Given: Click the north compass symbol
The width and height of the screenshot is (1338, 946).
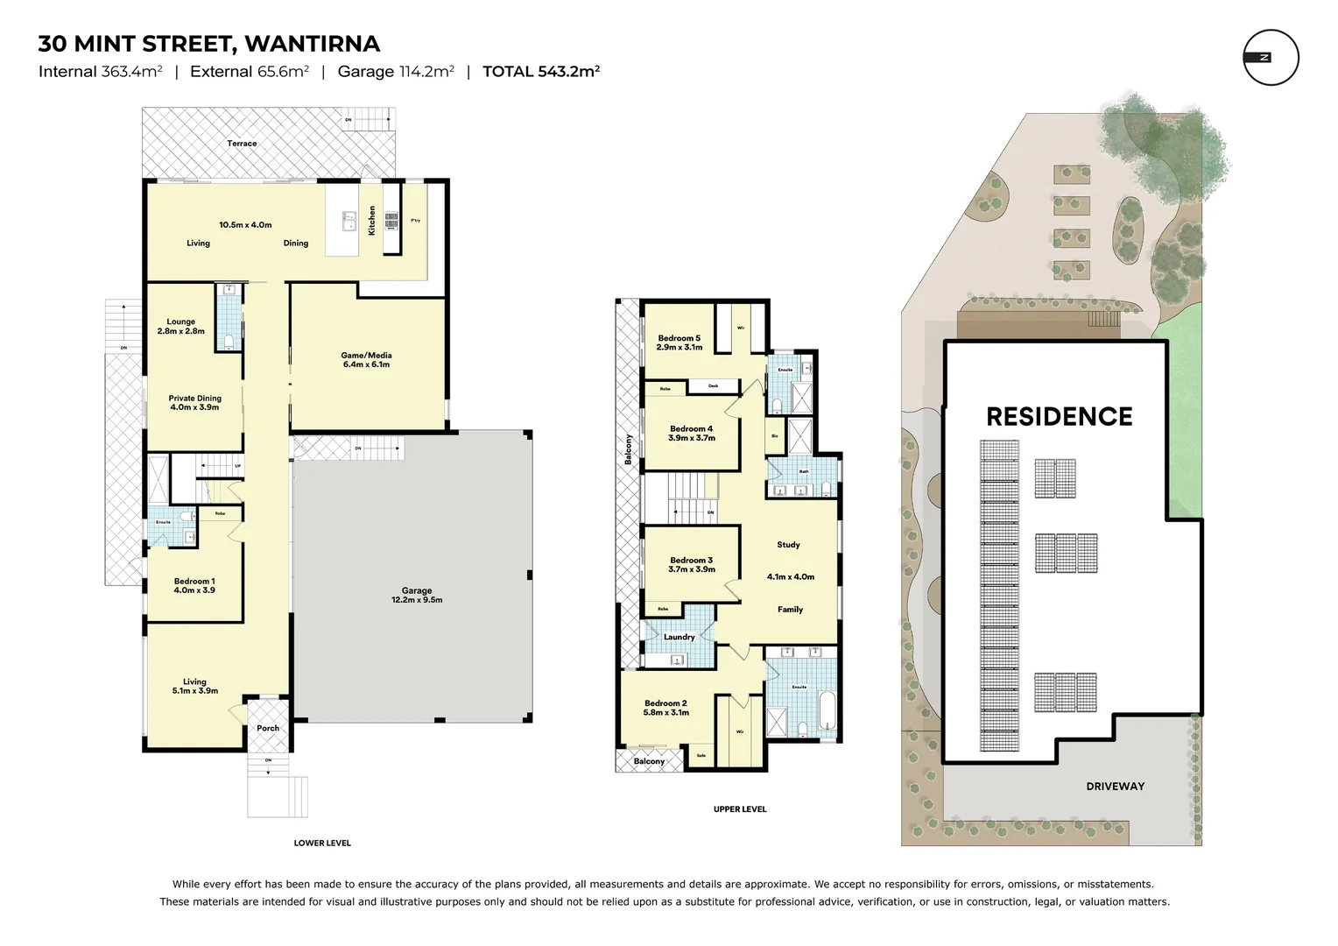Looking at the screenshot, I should point(1271,58).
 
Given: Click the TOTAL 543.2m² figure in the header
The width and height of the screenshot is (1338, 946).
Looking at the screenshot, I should point(540,72).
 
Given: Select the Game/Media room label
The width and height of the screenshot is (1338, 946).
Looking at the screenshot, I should point(366,359).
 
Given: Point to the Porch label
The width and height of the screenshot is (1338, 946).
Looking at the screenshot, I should point(268,728).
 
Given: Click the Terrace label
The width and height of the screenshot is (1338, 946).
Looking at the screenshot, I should point(243,144).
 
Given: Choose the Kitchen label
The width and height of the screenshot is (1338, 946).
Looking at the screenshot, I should point(372,220).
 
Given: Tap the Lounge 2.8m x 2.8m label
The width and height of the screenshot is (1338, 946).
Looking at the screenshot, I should point(181,326).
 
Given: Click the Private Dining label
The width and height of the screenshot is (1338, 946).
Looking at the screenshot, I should point(194,403).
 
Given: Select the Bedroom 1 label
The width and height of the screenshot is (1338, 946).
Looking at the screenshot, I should point(194,585).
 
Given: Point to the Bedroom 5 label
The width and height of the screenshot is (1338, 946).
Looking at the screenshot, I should point(680,342).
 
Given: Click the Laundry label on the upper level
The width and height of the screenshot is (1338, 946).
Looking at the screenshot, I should point(679,637).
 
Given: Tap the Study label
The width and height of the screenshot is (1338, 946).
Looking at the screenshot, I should point(788,545).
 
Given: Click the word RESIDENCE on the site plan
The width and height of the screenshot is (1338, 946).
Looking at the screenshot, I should point(1059,416).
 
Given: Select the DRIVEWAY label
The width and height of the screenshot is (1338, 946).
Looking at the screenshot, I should point(1115,787).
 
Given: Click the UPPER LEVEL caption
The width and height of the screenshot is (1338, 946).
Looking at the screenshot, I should point(740,809).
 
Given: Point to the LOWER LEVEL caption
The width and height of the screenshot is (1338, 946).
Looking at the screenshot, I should point(322,843).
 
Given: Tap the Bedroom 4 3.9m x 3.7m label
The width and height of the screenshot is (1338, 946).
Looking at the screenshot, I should point(692,433).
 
